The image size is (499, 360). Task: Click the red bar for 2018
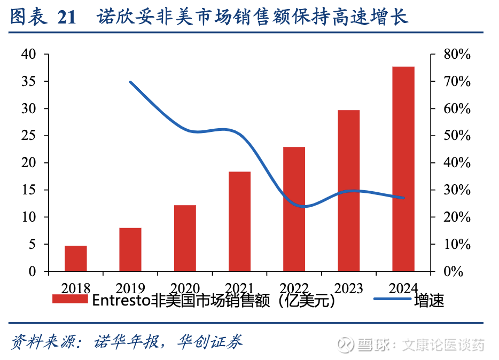click(76, 259)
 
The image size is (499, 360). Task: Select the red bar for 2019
click(130, 249)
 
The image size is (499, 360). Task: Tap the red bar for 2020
click(185, 238)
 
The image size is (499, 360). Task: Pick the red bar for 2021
click(239, 222)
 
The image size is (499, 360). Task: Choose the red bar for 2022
click(294, 209)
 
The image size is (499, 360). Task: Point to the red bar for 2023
click(348, 191)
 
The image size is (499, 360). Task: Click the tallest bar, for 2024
click(403, 169)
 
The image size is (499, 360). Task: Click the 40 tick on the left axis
click(28, 54)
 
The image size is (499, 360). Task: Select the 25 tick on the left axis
click(28, 136)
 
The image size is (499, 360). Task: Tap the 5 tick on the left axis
click(32, 244)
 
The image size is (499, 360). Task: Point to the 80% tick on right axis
click(457, 54)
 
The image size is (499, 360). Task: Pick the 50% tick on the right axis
click(457, 136)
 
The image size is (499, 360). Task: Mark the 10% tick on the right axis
click(457, 244)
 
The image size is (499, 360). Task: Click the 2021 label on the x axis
click(239, 288)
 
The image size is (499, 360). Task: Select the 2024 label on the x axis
click(403, 288)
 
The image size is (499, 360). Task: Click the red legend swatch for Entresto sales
click(70, 300)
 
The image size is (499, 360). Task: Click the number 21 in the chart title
click(66, 18)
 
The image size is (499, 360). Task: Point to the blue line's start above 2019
click(131, 82)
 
